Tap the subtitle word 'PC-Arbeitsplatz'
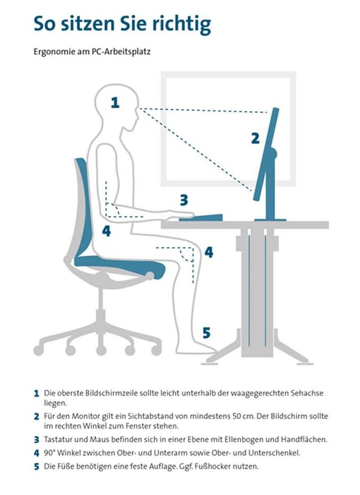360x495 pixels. tap(121, 52)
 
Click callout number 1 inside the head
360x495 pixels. tap(115, 103)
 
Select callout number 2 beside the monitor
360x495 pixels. tap(255, 138)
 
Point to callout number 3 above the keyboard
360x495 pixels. tap(184, 200)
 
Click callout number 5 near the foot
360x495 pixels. tap(206, 333)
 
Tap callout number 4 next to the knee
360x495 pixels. tap(209, 252)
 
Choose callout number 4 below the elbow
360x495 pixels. tap(107, 231)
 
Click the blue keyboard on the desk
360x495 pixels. tap(201, 218)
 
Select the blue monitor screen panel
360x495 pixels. tap(266, 154)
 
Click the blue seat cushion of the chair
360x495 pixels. tap(120, 265)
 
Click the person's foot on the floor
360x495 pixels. tap(198, 348)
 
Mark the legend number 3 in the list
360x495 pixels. tap(37, 440)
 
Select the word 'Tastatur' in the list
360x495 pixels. tap(57, 440)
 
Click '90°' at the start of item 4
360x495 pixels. tap(50, 453)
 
